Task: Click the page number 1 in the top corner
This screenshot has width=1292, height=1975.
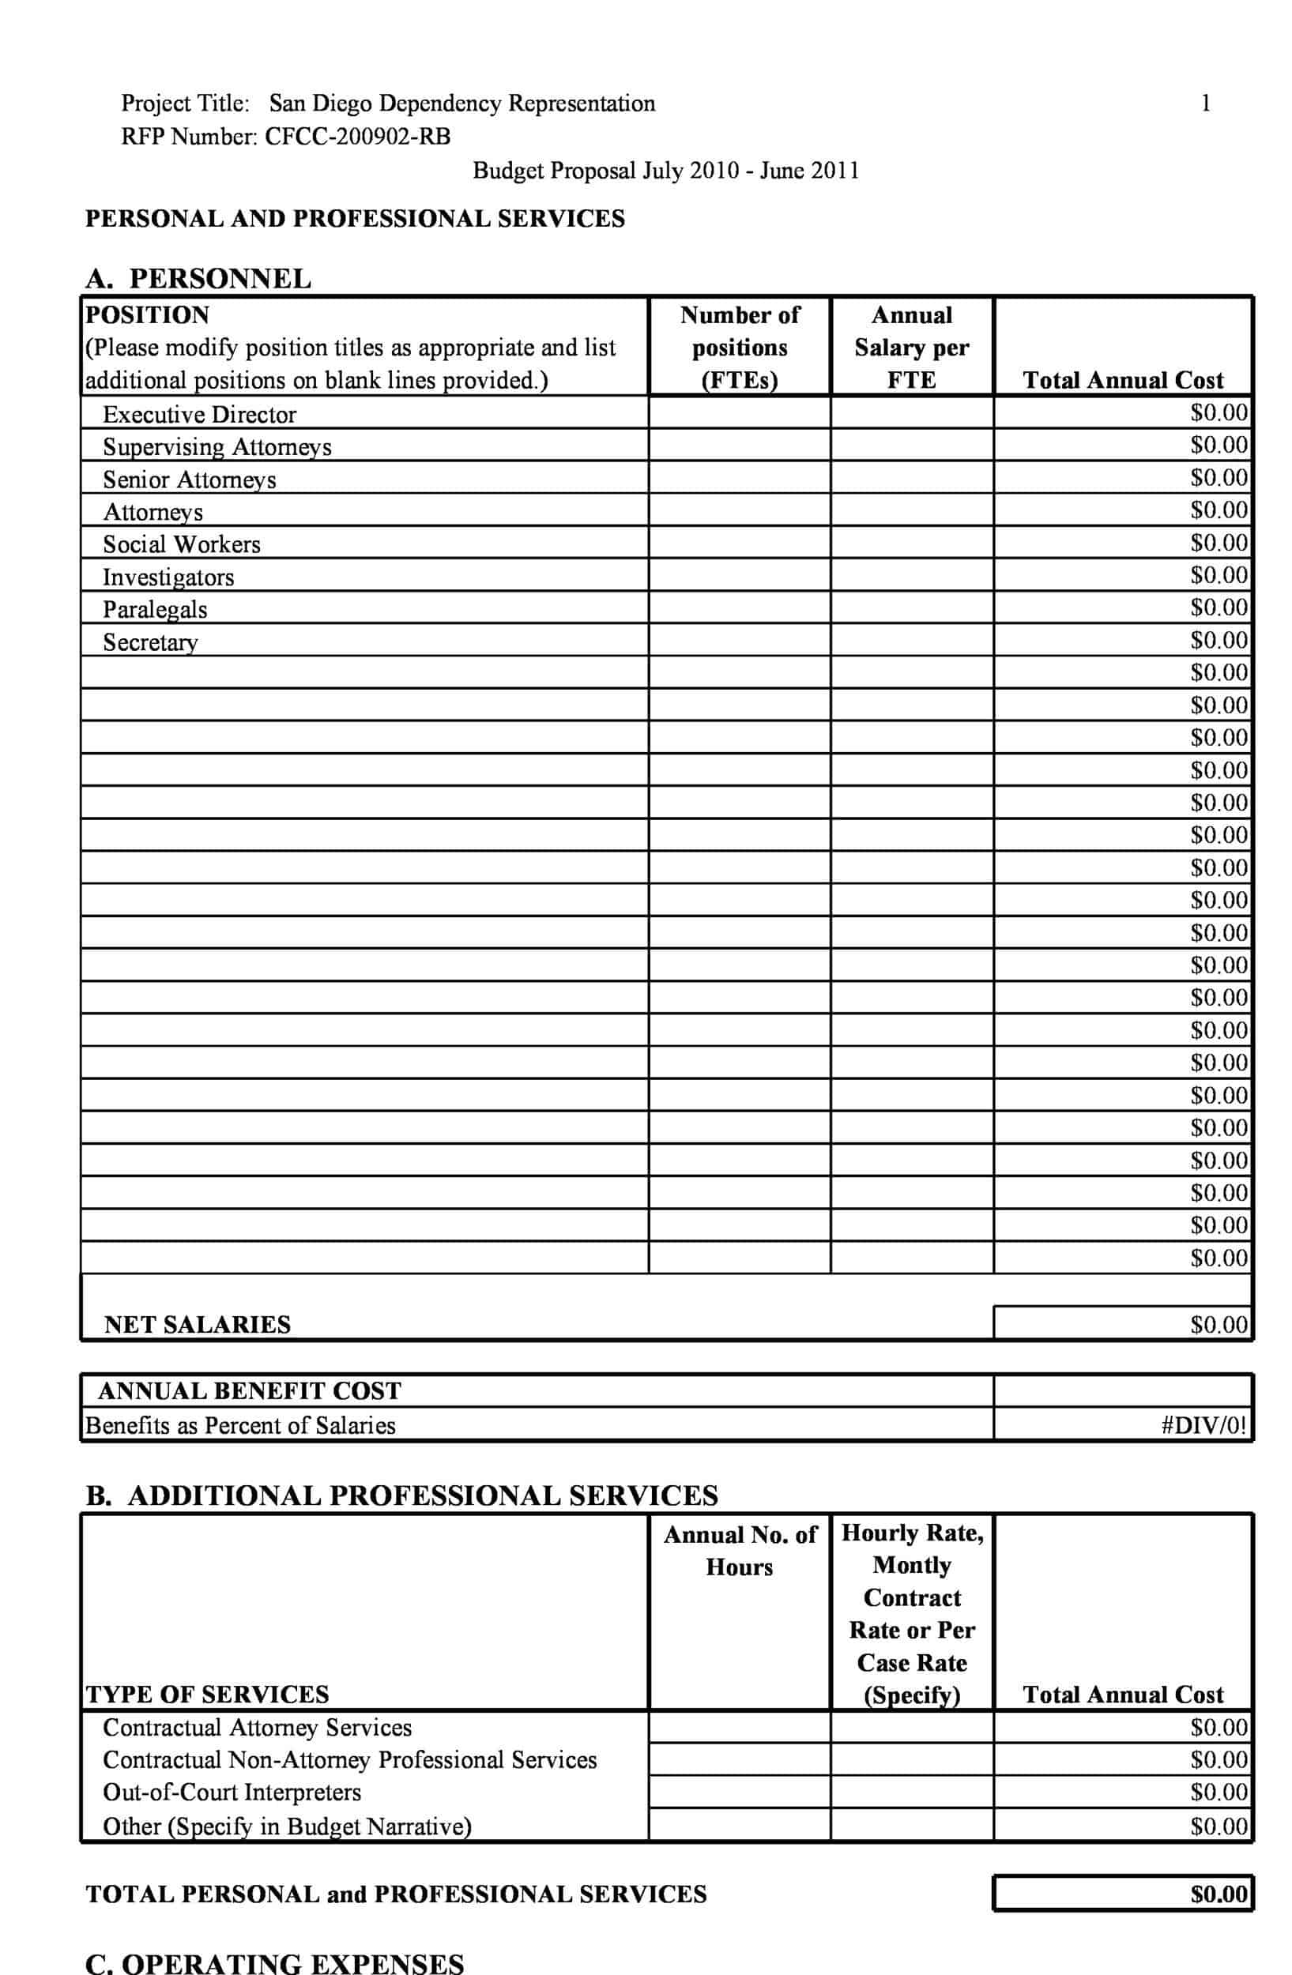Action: (1205, 103)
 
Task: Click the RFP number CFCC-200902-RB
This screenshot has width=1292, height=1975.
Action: (357, 137)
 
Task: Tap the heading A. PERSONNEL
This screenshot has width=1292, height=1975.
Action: (198, 278)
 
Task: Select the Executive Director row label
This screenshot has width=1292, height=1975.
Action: (199, 414)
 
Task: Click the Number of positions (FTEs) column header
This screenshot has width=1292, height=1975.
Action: (740, 347)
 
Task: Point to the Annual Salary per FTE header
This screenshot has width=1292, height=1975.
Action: (911, 347)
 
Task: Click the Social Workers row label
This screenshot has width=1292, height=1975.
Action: (181, 544)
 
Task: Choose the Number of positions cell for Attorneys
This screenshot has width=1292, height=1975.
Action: (740, 510)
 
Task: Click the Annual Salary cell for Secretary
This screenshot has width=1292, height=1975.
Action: (911, 641)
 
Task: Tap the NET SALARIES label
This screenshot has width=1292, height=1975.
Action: (198, 1324)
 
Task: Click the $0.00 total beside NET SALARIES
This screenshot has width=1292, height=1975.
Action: (1217, 1324)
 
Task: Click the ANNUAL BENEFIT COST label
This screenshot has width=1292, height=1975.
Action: (249, 1391)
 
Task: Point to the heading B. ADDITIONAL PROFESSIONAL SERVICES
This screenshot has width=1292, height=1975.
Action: (401, 1495)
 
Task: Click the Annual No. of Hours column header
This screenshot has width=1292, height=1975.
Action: (740, 1550)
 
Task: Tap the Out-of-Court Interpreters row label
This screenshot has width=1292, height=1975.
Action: (232, 1793)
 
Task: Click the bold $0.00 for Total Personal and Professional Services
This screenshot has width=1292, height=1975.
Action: (1217, 1894)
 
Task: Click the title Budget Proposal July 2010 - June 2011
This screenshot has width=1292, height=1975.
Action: (665, 171)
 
